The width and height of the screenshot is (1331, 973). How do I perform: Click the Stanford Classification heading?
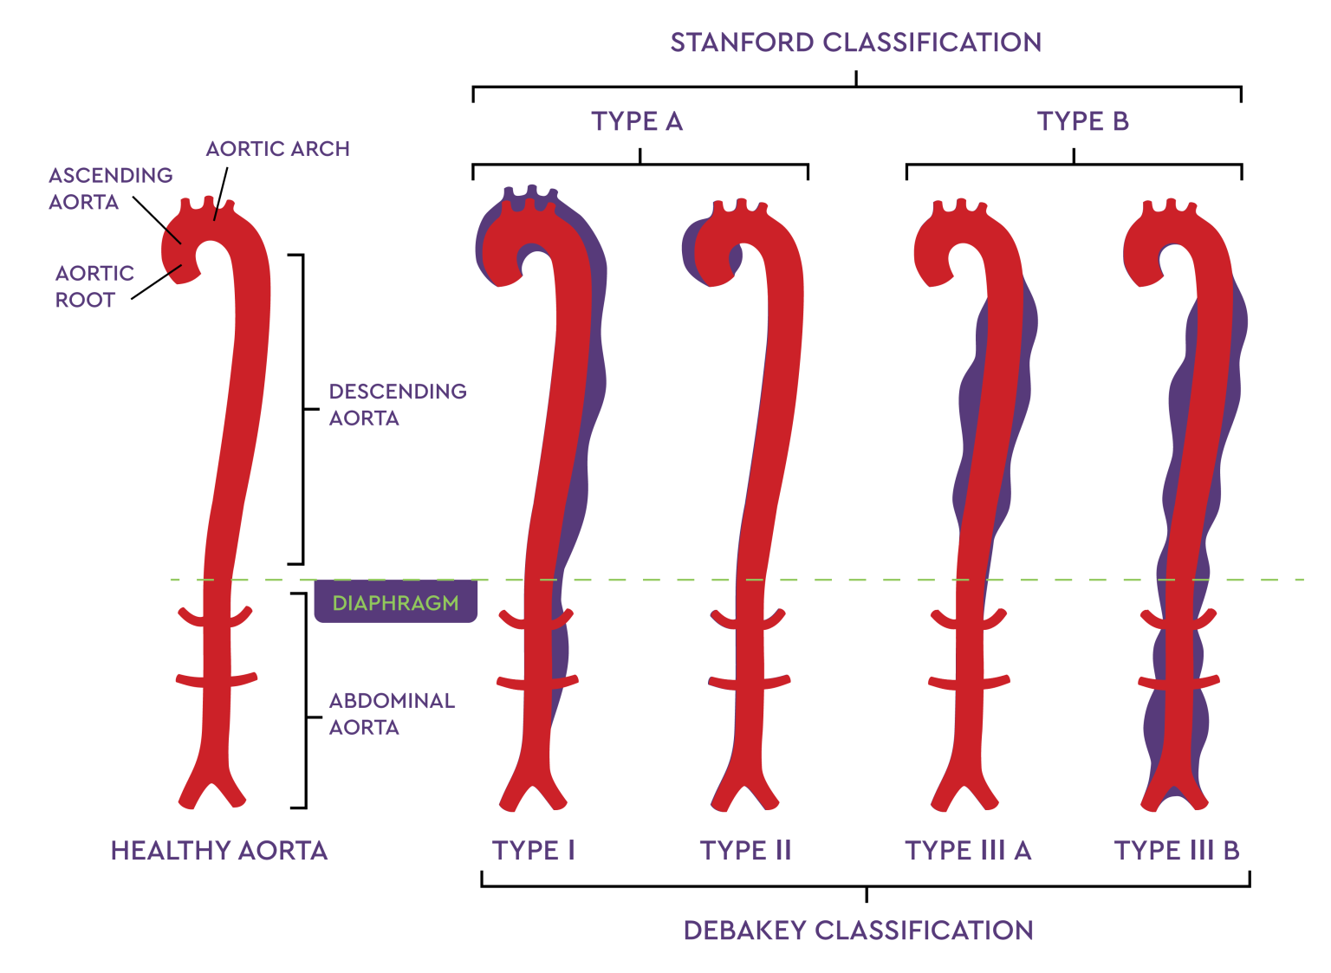coord(855,42)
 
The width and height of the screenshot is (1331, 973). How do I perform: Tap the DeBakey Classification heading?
coord(858,931)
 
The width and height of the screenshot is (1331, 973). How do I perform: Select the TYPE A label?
coord(637,121)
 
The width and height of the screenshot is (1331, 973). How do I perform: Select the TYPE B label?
coord(1082,121)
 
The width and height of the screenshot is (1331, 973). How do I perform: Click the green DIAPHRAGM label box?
coord(395,603)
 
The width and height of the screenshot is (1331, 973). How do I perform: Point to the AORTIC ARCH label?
coord(277,149)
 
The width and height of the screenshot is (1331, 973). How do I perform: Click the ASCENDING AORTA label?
coord(110,189)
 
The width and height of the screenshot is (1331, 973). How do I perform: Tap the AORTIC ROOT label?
coord(94,287)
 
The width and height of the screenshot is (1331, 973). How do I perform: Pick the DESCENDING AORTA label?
coord(397,405)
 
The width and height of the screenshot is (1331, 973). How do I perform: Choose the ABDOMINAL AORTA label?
coord(392,714)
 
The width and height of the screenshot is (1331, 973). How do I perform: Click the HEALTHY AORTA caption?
coord(219,851)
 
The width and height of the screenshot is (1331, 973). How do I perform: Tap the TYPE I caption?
coord(533,851)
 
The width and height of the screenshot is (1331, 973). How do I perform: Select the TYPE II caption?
coord(745,851)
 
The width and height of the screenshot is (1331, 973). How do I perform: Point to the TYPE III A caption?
coord(968,851)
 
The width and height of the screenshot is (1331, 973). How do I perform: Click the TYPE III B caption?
coord(1176,851)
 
